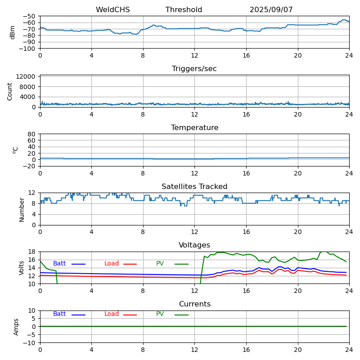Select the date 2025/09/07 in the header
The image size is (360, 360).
click(x=271, y=10)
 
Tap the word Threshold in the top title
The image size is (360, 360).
click(x=184, y=10)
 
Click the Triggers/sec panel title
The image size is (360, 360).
click(x=194, y=69)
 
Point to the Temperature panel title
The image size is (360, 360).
click(x=194, y=128)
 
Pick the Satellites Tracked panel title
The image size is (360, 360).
click(x=194, y=187)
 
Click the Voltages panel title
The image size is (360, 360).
click(x=194, y=245)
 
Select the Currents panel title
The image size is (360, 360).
click(x=194, y=304)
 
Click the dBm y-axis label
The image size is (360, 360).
click(x=13, y=32)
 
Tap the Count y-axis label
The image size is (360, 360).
click(x=10, y=91)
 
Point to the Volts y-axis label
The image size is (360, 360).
click(x=22, y=268)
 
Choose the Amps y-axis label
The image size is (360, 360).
click(x=16, y=327)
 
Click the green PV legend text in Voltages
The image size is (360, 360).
click(x=160, y=264)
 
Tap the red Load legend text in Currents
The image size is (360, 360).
click(x=112, y=314)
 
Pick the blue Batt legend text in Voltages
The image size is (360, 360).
click(x=59, y=264)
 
